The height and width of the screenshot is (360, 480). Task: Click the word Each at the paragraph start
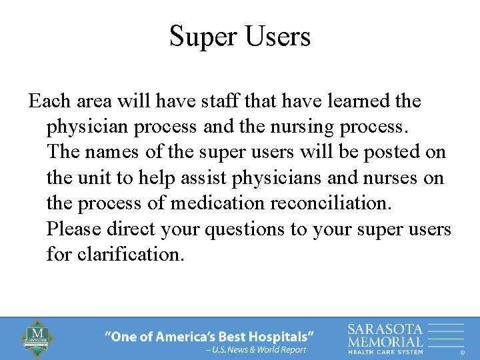point(49,101)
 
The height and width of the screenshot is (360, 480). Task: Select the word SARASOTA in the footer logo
point(385,329)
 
